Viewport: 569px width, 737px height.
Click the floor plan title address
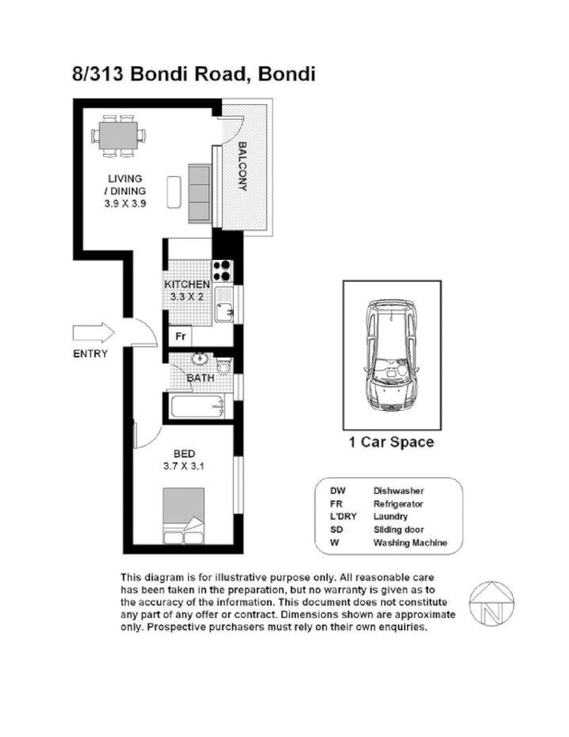pyautogui.click(x=193, y=74)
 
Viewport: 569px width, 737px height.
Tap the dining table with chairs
pyautogui.click(x=119, y=135)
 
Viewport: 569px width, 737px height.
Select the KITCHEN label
pyautogui.click(x=187, y=286)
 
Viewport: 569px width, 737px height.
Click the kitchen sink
pyautogui.click(x=224, y=307)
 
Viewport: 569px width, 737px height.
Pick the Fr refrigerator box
pyautogui.click(x=180, y=337)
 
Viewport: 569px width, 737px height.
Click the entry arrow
pyautogui.click(x=92, y=333)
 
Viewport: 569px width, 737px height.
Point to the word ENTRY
pyautogui.click(x=90, y=355)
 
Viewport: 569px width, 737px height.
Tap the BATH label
pyautogui.click(x=201, y=379)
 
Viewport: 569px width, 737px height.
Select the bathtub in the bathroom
pyautogui.click(x=196, y=406)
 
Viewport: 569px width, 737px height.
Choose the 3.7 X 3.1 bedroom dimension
pyautogui.click(x=182, y=466)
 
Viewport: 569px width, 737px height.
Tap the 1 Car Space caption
pyautogui.click(x=391, y=442)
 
